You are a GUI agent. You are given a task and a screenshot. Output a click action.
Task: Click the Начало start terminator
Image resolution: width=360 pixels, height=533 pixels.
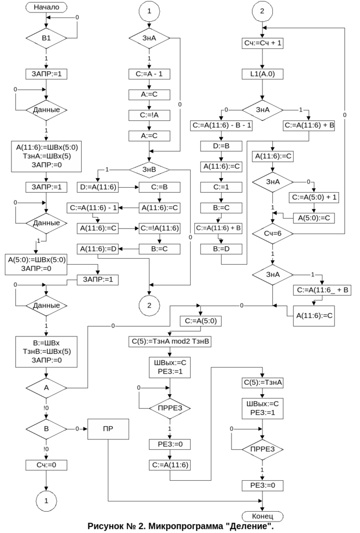coord(47,7)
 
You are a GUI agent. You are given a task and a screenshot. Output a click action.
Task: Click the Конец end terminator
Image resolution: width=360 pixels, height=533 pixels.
coord(263,516)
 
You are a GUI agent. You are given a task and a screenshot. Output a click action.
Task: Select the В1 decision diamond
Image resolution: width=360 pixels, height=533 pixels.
coord(47,39)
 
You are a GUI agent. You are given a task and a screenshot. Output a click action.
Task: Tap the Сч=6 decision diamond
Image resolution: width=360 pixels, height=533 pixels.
coord(273,234)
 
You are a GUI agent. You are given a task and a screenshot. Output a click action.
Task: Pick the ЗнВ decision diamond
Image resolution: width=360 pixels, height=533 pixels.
coord(149,170)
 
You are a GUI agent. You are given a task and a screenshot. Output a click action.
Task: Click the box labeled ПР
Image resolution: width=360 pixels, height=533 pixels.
coord(108,429)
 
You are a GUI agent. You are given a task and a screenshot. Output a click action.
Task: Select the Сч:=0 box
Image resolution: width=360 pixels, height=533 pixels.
coord(47,465)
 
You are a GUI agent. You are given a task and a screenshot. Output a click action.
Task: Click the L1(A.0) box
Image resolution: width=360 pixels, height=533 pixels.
coord(263,73)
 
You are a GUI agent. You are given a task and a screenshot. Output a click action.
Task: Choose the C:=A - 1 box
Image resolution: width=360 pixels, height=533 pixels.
coord(149,73)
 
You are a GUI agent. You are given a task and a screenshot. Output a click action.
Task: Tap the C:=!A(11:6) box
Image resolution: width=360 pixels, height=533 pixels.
coord(160,228)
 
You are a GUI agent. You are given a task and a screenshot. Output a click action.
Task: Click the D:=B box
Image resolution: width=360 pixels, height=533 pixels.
coord(221,146)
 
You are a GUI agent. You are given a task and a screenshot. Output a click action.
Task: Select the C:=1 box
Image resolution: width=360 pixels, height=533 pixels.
coord(221,187)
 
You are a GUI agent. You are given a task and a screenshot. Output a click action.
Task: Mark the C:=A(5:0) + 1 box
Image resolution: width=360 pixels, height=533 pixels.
coord(315,197)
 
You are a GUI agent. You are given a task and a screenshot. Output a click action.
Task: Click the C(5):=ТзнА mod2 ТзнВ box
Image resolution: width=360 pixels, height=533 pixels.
coord(170,342)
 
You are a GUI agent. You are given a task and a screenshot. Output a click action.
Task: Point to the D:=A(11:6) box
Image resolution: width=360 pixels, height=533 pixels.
coord(98,187)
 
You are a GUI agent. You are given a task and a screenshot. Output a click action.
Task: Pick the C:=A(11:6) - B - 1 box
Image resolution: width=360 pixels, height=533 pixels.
coord(221,125)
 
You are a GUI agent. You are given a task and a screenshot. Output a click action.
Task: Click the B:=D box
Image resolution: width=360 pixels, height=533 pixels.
coord(221,249)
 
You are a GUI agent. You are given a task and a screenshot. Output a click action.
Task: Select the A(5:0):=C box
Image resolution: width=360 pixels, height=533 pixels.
coord(315,218)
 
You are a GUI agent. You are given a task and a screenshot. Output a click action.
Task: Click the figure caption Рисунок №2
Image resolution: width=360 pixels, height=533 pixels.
coord(180,527)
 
